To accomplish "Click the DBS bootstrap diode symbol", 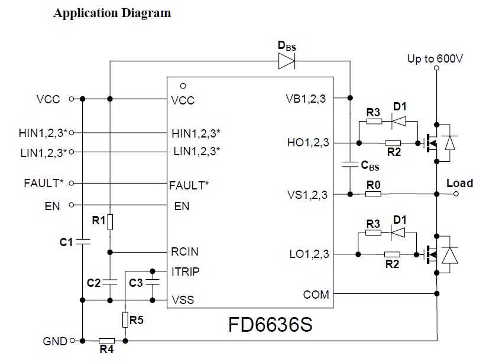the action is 287,61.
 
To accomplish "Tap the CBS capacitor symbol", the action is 350,164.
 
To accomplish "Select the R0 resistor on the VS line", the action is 373,194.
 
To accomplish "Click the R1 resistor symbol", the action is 110,222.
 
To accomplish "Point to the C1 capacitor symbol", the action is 82,241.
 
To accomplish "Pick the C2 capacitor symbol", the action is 110,282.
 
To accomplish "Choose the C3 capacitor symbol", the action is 152,282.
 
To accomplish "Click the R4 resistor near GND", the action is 106,341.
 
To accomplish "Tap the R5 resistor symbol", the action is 125,320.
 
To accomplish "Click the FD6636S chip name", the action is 270,325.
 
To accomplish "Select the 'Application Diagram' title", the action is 112,14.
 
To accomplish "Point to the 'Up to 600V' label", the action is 435,58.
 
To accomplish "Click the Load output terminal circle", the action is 456,194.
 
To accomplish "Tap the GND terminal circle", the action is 72,341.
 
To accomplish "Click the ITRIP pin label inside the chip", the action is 185,272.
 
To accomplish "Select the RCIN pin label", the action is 184,251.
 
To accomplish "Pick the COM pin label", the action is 316,295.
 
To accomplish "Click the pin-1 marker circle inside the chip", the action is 183,86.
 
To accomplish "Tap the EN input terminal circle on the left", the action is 72,205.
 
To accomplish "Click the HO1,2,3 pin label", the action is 308,142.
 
